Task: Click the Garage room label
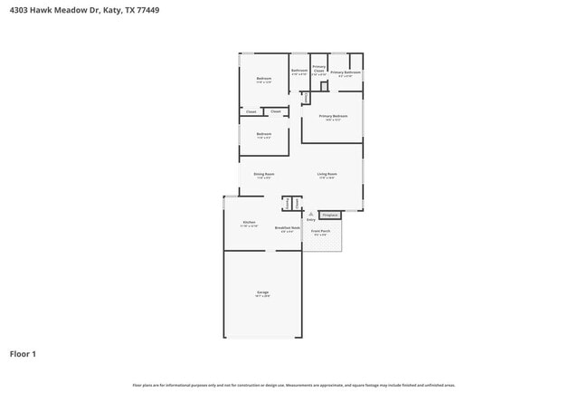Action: click(262, 292)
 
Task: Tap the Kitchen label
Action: click(249, 223)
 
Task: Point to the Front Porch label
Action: click(321, 231)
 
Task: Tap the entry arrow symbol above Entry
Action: click(310, 214)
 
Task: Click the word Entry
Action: click(310, 219)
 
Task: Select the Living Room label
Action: click(327, 174)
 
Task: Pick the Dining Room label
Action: click(264, 174)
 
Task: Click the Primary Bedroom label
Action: click(333, 117)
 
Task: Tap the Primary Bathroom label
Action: click(346, 72)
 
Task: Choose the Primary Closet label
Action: click(318, 68)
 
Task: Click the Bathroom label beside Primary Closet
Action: click(299, 71)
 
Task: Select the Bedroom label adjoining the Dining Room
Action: click(263, 135)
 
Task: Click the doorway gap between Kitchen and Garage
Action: click(266, 251)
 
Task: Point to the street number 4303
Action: click(17, 10)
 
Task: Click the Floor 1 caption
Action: click(23, 353)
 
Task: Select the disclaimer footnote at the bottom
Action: click(293, 385)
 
